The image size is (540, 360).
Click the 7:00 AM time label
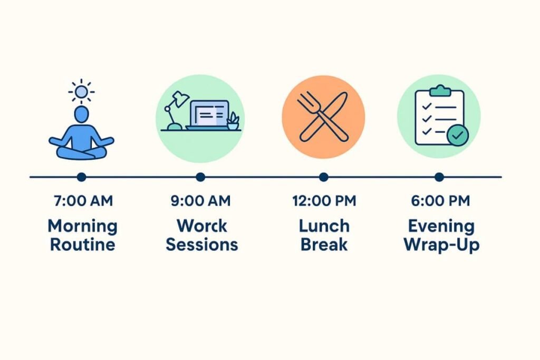click(x=83, y=201)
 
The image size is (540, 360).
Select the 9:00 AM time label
click(x=200, y=201)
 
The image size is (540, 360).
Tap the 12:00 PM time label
click(x=324, y=201)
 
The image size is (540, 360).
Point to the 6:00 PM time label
click(x=440, y=201)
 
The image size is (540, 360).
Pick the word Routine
click(x=83, y=245)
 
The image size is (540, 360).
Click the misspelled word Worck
click(x=202, y=226)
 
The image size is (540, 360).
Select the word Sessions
click(x=202, y=245)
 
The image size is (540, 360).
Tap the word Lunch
click(x=324, y=226)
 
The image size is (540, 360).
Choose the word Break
click(x=324, y=245)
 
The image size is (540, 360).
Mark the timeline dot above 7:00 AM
click(x=82, y=177)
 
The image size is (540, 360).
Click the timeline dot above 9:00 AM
click(x=200, y=177)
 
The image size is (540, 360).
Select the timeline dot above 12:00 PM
click(x=323, y=177)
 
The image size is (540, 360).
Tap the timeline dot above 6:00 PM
click(x=439, y=177)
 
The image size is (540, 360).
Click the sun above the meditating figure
click(x=81, y=92)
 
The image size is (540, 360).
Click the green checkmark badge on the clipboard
click(x=458, y=136)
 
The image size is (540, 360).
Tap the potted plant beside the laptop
click(x=233, y=121)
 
